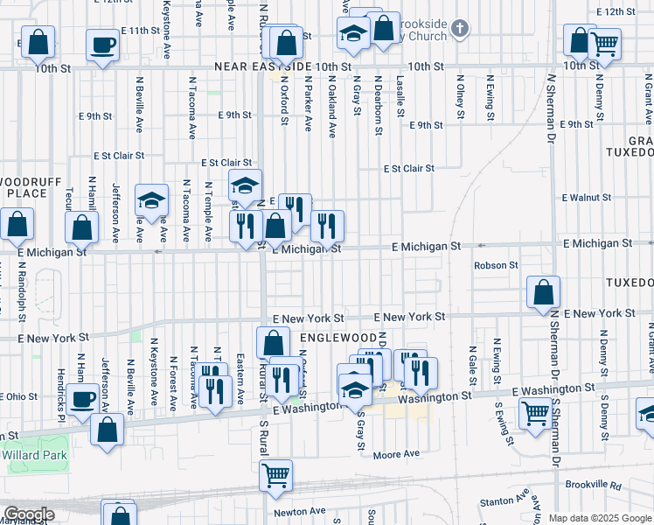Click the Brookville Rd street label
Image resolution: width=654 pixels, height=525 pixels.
593,485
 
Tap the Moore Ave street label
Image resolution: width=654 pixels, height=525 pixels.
396,454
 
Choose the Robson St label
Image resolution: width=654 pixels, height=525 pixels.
496,265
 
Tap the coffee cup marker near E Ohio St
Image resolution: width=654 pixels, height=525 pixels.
83,400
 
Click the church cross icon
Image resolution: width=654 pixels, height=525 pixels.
460,30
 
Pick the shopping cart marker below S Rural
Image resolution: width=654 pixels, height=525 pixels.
275,475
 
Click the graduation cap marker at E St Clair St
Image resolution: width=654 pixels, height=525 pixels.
246,185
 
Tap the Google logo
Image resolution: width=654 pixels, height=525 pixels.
28,514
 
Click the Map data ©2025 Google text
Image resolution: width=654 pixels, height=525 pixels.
599,518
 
